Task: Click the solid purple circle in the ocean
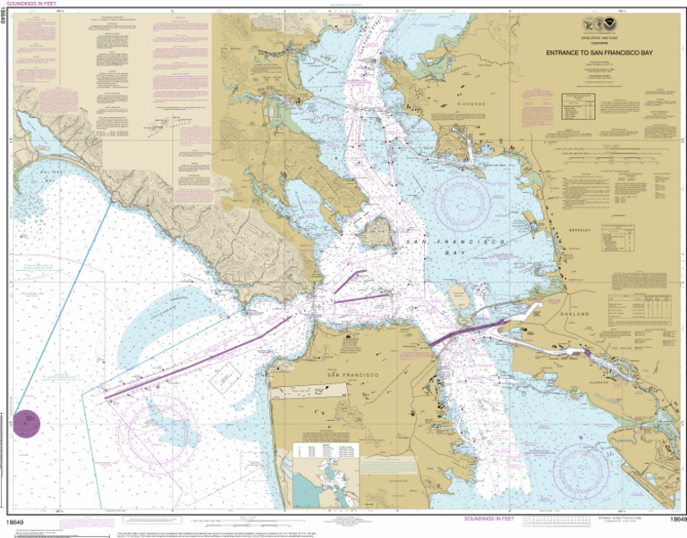[x=27, y=423]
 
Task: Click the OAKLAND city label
[x=576, y=315]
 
